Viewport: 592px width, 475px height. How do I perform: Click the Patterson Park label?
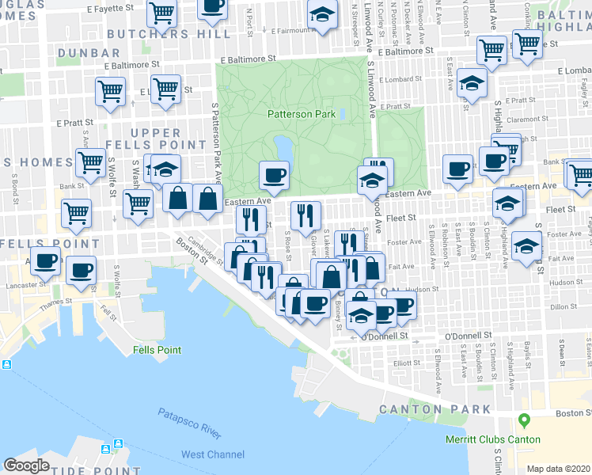tap(301, 114)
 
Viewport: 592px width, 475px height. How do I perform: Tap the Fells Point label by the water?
tap(157, 350)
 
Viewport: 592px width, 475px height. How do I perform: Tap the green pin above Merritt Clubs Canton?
tap(522, 420)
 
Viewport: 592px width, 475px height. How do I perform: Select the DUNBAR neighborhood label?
tap(82, 52)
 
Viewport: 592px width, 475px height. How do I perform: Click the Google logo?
tap(27, 465)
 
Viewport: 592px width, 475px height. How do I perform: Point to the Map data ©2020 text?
tap(558, 469)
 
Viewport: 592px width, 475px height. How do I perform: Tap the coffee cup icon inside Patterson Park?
tap(275, 174)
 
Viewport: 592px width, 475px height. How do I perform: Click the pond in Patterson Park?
tap(283, 148)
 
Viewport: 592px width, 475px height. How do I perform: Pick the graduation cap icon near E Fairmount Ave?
tap(321, 16)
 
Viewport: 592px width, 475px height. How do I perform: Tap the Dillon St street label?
tap(563, 306)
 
